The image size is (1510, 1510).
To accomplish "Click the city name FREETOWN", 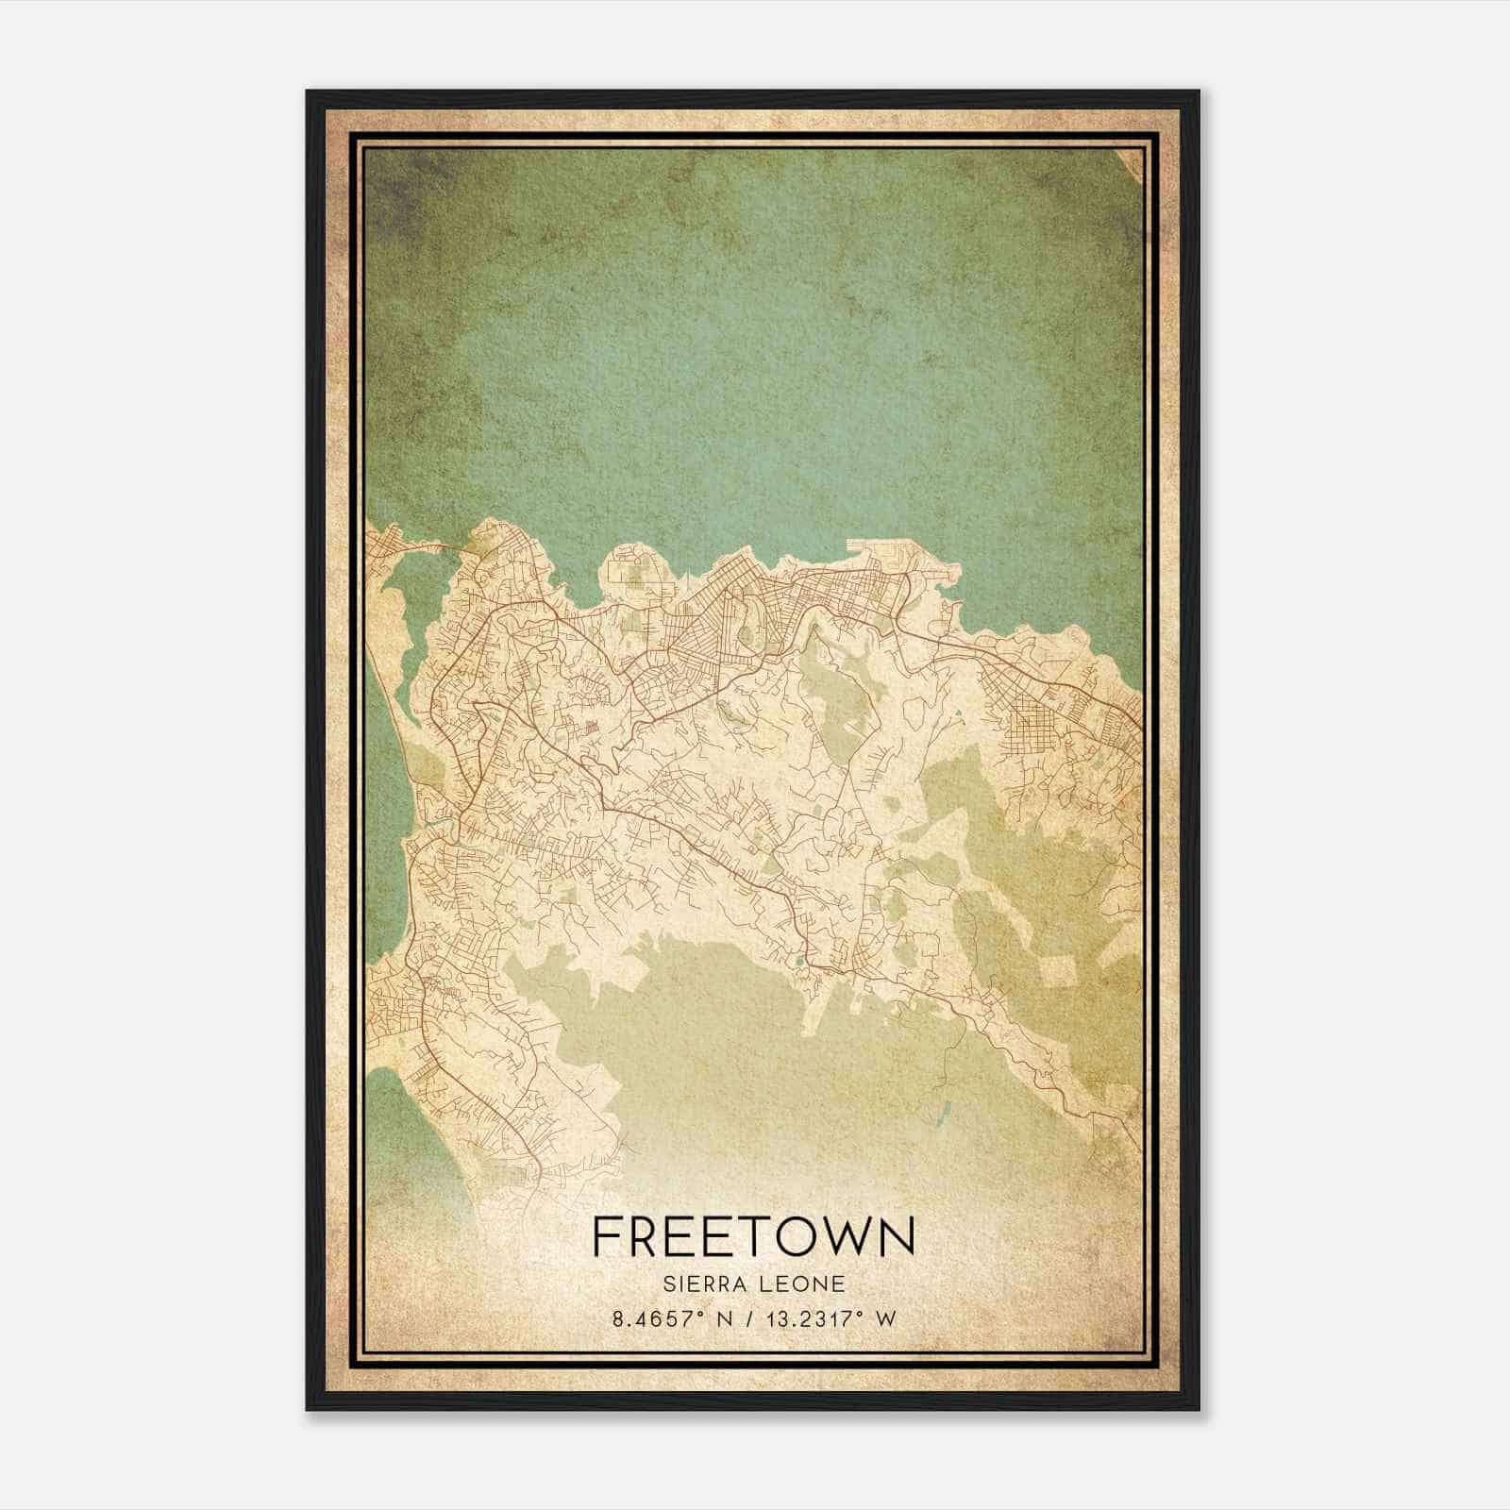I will [x=753, y=1235].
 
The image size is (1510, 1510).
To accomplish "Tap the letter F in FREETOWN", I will [x=606, y=1235].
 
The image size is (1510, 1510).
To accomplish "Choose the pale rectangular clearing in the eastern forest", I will [x=1056, y=971].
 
